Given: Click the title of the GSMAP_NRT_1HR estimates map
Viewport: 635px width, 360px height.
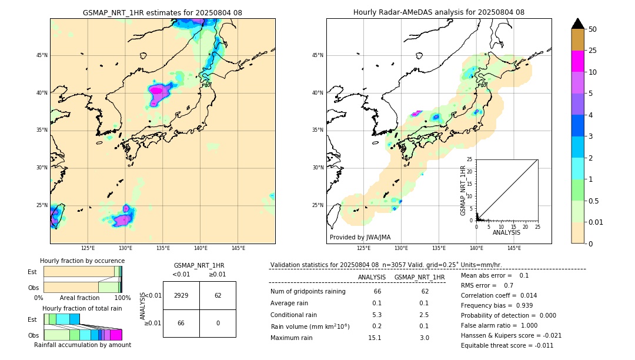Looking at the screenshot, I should tap(162, 12).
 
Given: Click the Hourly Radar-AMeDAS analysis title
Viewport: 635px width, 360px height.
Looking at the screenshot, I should tap(439, 12).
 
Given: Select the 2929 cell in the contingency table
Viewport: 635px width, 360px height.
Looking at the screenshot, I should tap(181, 295).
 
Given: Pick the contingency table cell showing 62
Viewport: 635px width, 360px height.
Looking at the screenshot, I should tap(218, 295).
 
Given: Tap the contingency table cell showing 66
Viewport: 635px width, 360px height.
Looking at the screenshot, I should tap(181, 324).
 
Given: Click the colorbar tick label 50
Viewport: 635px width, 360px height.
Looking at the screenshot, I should tap(593, 29).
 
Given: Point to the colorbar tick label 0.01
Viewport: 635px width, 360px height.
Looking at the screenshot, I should tap(596, 222).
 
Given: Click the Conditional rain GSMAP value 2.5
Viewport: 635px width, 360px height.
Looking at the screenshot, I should tap(423, 315).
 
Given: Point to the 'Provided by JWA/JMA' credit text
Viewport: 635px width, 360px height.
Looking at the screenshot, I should tap(360, 238).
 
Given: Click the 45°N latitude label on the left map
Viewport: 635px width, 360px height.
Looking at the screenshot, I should tap(42, 55).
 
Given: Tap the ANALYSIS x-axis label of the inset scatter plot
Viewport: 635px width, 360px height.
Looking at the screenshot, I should tap(506, 232).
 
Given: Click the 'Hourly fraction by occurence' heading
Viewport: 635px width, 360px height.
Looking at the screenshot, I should tap(82, 261).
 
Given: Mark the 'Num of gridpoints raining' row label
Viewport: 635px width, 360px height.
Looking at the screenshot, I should tap(308, 291).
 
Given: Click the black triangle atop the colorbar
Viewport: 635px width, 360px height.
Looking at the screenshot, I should tap(578, 24).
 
